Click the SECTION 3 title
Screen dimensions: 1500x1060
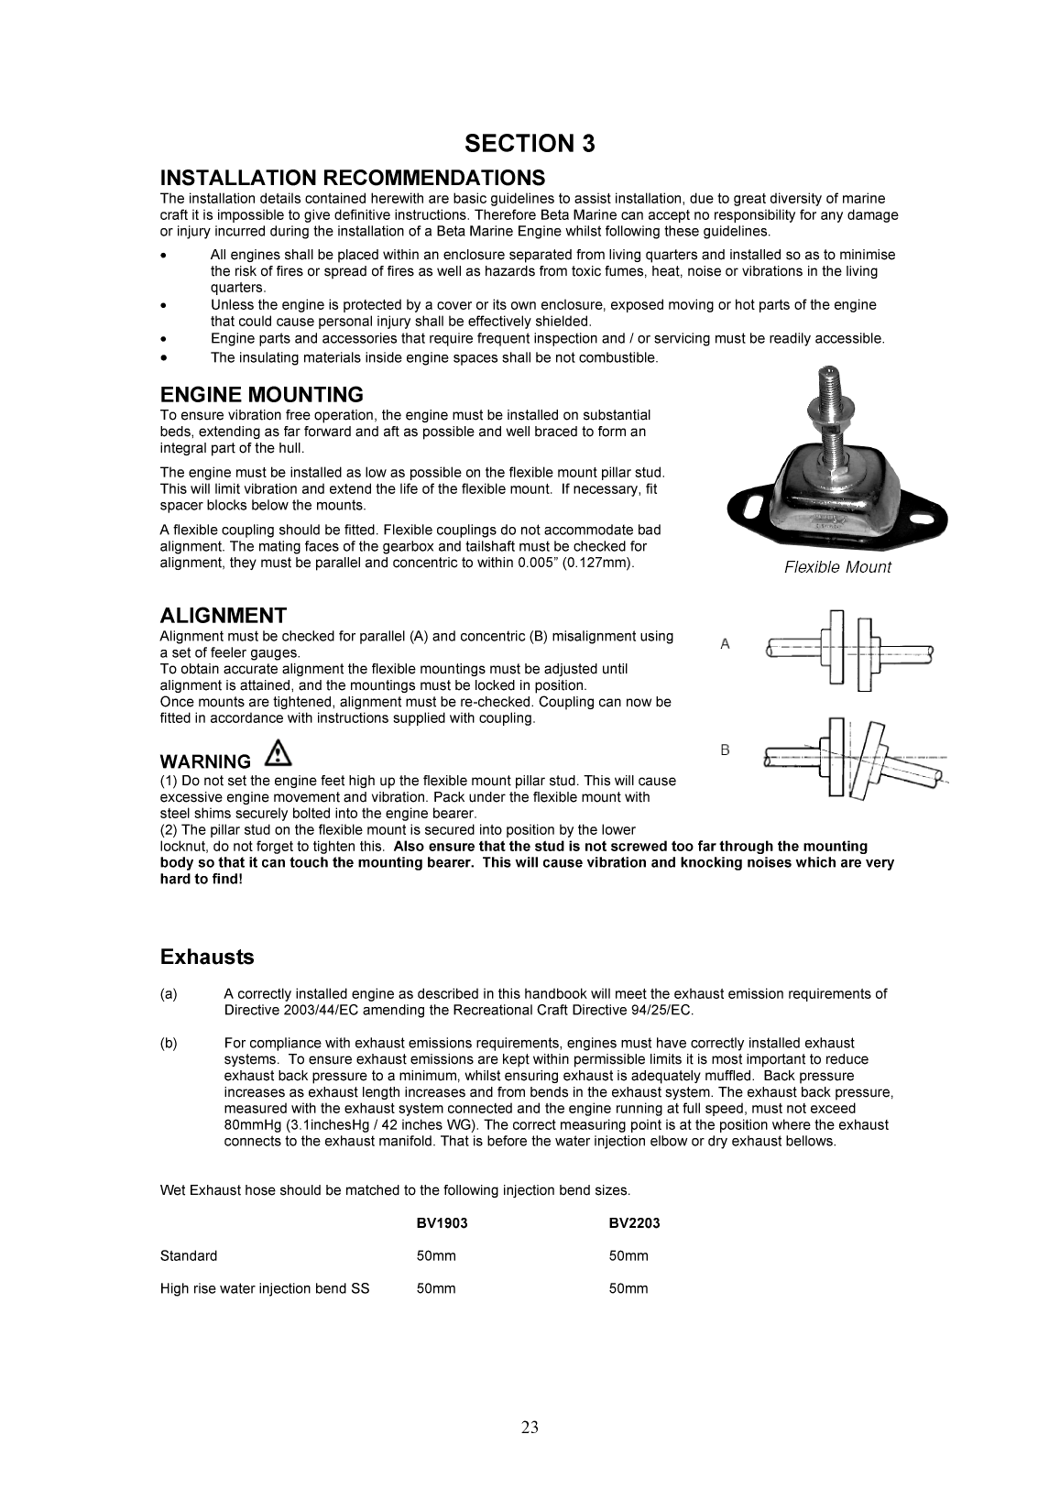530,144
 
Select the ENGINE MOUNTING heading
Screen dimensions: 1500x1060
261,395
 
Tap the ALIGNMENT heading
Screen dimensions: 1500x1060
223,616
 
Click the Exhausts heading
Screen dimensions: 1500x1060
207,958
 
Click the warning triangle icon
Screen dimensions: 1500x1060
279,754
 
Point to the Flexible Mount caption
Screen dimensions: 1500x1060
836,567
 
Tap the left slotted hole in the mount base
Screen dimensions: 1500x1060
756,506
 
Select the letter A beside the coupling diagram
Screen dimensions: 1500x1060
725,645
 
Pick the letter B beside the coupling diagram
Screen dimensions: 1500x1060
725,750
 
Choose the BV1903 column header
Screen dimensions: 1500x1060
442,1223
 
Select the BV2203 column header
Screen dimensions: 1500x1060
634,1223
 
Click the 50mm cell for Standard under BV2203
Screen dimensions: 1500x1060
628,1256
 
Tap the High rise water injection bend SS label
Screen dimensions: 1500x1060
265,1289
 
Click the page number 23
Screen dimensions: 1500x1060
530,1427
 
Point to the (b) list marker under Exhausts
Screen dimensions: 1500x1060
169,1044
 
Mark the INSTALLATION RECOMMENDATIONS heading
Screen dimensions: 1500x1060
352,178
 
